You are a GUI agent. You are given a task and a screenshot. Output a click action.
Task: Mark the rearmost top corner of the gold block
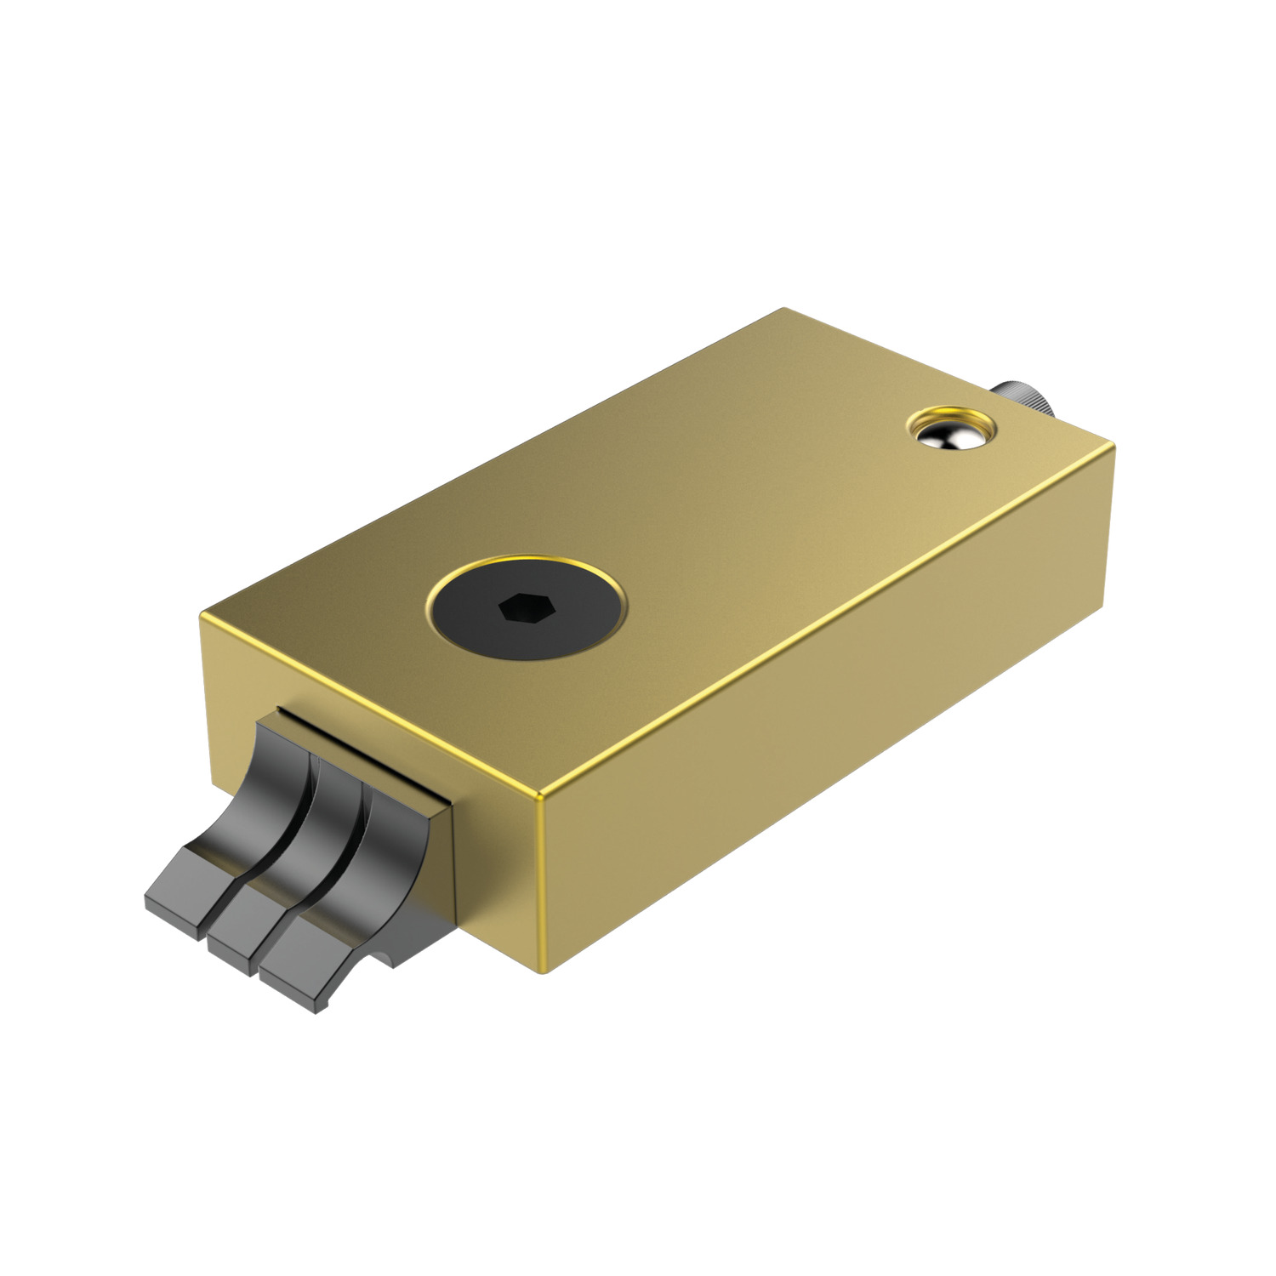pyautogui.click(x=783, y=310)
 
